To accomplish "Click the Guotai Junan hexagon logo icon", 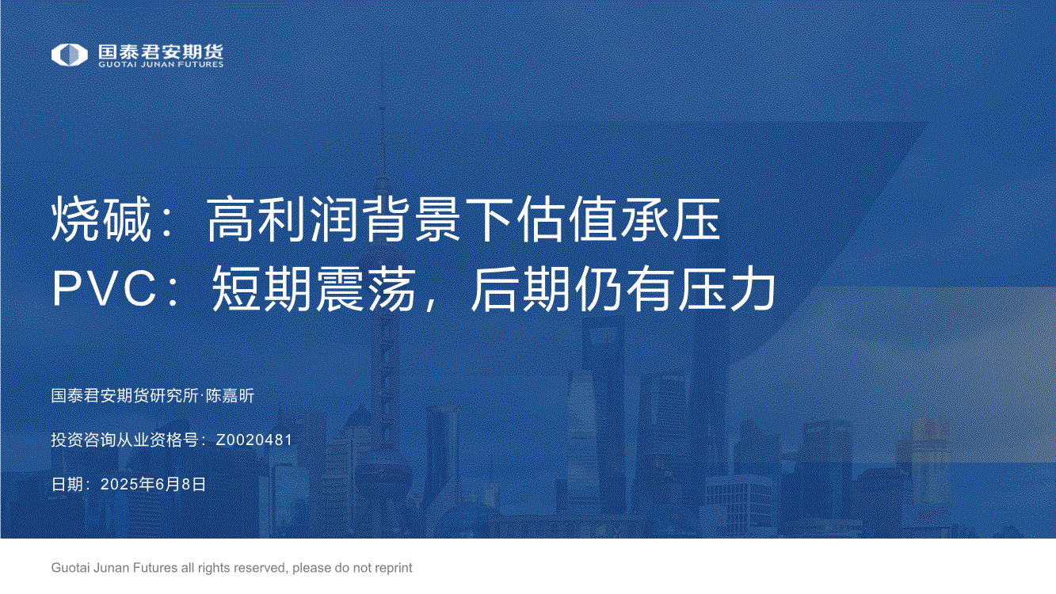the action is click(x=69, y=55).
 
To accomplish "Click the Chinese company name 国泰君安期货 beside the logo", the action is click(x=161, y=51).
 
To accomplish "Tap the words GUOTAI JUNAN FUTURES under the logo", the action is click(x=161, y=64).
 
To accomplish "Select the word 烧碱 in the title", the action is click(x=101, y=219).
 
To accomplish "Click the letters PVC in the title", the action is click(x=104, y=288).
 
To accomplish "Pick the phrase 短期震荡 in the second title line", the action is click(x=314, y=288).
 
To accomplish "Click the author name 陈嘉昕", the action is click(x=230, y=395).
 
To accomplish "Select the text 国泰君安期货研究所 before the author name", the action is click(x=125, y=395).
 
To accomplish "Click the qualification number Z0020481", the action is click(x=254, y=440).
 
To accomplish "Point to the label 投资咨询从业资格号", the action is click(x=125, y=440).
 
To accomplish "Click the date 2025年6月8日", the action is click(x=153, y=484).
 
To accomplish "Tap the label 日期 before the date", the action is click(x=67, y=484).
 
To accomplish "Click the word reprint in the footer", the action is click(x=393, y=568).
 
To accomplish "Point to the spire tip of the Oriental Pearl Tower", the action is click(x=382, y=49).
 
